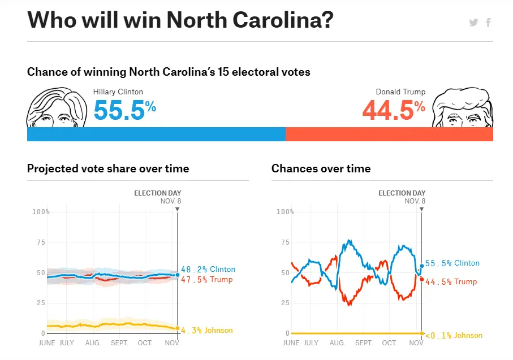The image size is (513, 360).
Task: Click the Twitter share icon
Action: pos(473,23)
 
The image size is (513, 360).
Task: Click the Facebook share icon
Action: pos(488,23)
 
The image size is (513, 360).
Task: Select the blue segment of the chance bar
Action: pos(156,134)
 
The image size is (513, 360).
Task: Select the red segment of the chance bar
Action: pos(389,134)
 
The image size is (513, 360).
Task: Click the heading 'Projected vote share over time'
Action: pos(108,168)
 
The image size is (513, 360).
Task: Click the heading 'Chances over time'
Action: pos(321,168)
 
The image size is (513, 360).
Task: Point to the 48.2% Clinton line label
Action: pos(208,270)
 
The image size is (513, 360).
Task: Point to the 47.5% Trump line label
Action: pos(206,279)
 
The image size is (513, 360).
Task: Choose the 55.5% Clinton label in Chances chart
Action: pos(452,263)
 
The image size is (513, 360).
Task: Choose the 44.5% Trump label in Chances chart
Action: pos(451,282)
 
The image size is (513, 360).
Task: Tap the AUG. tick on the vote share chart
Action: pos(93,343)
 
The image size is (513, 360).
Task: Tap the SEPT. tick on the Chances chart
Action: pos(364,343)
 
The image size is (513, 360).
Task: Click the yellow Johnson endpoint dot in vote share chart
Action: pos(177,328)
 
